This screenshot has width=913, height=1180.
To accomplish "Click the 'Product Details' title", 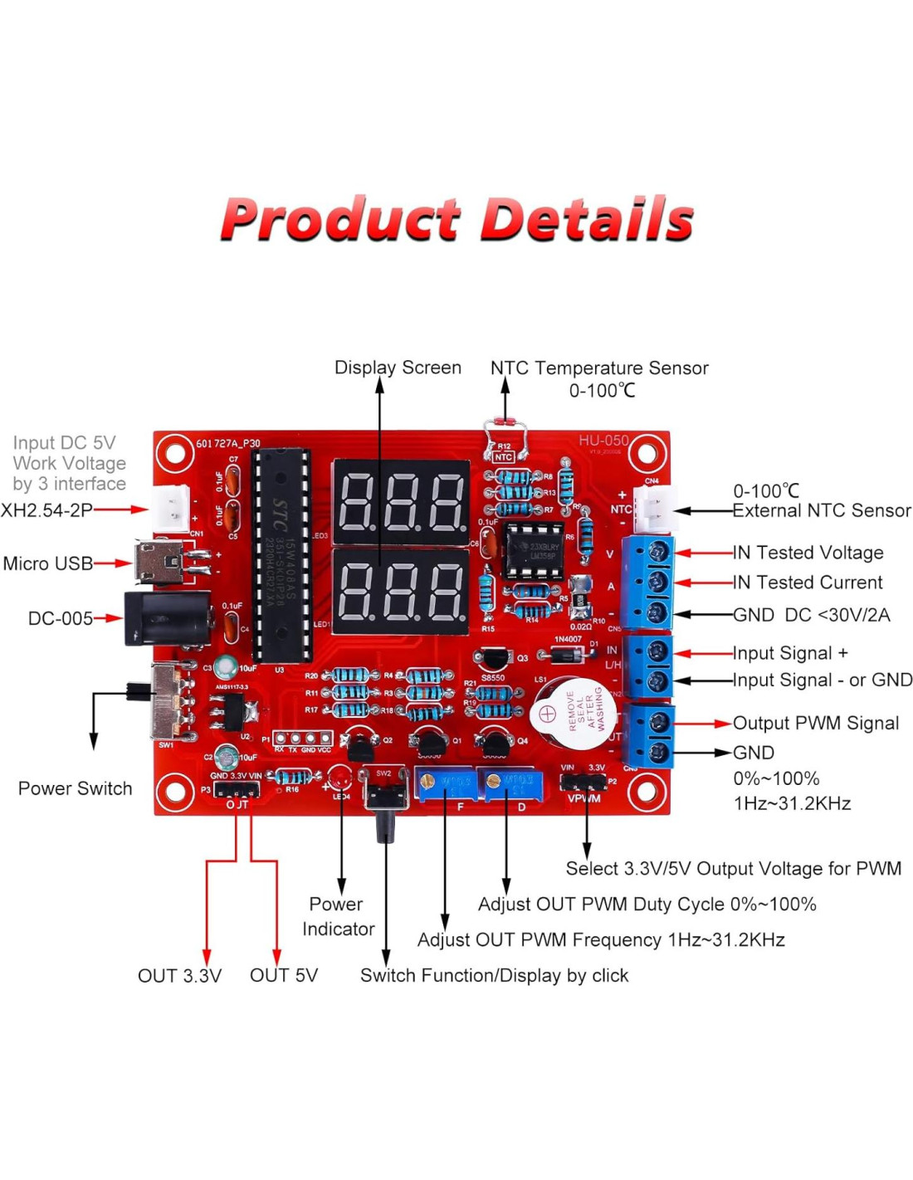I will [456, 219].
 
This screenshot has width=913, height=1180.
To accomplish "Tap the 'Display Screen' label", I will [398, 368].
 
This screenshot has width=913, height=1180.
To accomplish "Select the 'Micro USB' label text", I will [48, 563].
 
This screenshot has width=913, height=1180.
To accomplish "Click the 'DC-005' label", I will [61, 618].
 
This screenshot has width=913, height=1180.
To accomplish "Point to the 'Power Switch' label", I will [75, 788].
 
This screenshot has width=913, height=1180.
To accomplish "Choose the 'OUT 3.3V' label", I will [179, 976].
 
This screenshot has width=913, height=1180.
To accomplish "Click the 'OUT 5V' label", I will [284, 976].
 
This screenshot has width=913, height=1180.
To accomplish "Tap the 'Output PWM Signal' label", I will [815, 723].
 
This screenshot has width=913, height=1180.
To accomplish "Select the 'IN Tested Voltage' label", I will [808, 553].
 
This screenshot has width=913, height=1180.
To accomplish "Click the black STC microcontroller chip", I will [281, 556].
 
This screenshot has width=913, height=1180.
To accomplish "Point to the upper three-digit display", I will [401, 501].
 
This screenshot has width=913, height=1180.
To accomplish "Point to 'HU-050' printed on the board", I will [603, 441].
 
